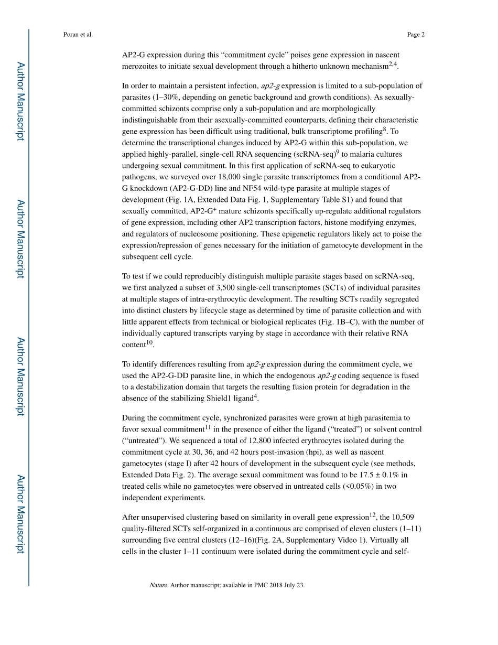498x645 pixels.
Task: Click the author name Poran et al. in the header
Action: (x=78, y=35)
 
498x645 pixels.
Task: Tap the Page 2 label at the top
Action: (x=415, y=35)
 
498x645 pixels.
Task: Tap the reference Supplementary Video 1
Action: (x=366, y=540)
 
